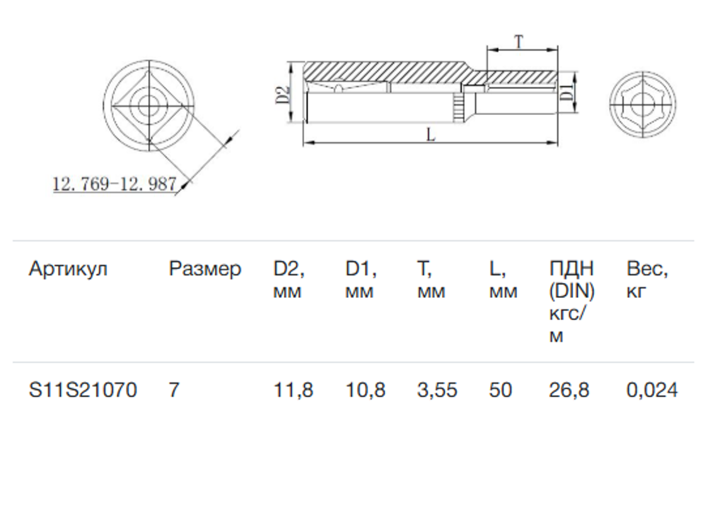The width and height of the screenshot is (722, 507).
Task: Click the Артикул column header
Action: click(67, 268)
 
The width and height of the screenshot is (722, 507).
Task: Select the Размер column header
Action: click(205, 269)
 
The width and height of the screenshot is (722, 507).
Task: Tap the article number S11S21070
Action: click(83, 390)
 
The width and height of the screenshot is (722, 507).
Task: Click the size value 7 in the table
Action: click(173, 390)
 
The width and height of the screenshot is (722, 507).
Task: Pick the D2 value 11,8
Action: click(293, 390)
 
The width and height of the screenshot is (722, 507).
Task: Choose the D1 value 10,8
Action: click(365, 390)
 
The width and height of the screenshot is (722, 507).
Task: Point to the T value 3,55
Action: click(437, 390)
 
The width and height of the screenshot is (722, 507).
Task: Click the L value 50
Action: click(501, 390)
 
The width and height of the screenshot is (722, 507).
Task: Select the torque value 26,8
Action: click(569, 390)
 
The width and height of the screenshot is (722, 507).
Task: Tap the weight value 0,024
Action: click(652, 390)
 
